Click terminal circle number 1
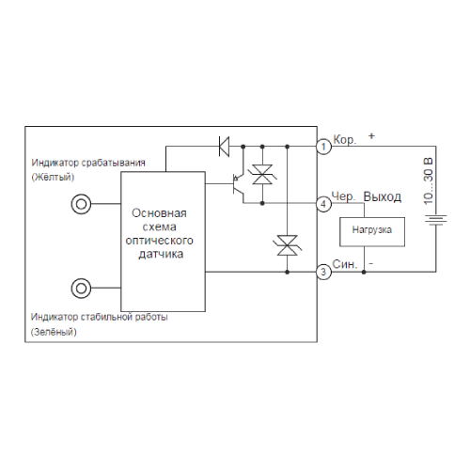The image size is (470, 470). pyautogui.click(x=323, y=147)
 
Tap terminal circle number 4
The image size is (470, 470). pyautogui.click(x=323, y=204)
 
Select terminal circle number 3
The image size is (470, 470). pyautogui.click(x=323, y=272)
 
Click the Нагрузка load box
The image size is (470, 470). pyautogui.click(x=372, y=232)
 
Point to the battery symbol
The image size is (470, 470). pyautogui.click(x=436, y=220)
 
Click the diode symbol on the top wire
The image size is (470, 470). pyautogui.click(x=224, y=147)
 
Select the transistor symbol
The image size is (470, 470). pyautogui.click(x=238, y=184)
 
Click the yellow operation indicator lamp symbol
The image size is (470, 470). pyautogui.click(x=81, y=204)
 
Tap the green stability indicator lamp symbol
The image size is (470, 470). pyautogui.click(x=81, y=289)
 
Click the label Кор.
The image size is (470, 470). pyautogui.click(x=345, y=140)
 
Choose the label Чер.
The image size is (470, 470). pyautogui.click(x=344, y=196)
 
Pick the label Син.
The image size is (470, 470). pyautogui.click(x=345, y=264)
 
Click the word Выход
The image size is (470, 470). pyautogui.click(x=383, y=197)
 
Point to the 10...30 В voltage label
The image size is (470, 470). pyautogui.click(x=428, y=181)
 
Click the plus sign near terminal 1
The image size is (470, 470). pyautogui.click(x=371, y=136)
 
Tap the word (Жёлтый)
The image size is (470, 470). pyautogui.click(x=53, y=177)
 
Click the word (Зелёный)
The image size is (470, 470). pyautogui.click(x=54, y=332)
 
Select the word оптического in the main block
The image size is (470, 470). pyautogui.click(x=160, y=241)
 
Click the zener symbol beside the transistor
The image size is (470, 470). pyautogui.click(x=262, y=175)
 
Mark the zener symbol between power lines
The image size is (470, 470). pyautogui.click(x=288, y=245)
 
